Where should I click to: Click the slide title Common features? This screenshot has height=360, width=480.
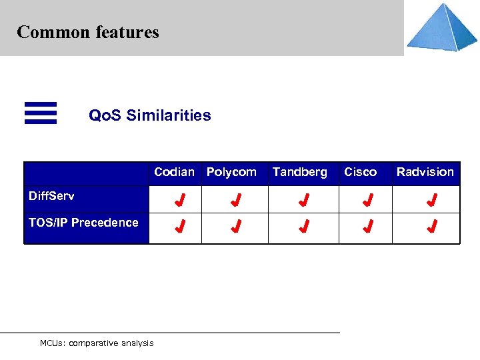point(88,32)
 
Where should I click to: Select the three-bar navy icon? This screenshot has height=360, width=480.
point(41,113)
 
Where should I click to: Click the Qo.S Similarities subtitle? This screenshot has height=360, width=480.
point(150,115)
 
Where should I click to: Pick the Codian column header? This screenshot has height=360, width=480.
point(174,172)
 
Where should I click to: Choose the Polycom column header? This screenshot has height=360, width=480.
point(231,172)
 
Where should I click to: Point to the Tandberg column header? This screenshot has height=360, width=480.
point(300,172)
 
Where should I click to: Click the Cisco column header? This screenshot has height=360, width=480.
point(360,172)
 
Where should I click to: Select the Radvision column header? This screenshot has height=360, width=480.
point(425,172)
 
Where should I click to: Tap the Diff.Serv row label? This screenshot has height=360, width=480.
point(51,196)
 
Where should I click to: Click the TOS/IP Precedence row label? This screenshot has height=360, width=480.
point(83,223)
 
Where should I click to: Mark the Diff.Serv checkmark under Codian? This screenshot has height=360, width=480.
point(179,199)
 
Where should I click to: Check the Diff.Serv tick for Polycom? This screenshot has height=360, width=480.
point(235,199)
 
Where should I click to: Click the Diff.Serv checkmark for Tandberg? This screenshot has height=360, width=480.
point(303,199)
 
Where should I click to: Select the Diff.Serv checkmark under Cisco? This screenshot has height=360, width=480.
point(367,199)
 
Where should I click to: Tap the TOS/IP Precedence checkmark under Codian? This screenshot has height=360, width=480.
point(179,227)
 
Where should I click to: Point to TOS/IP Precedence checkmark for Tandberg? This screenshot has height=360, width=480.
point(303,227)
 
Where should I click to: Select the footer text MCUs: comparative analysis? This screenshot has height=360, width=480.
point(97,343)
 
